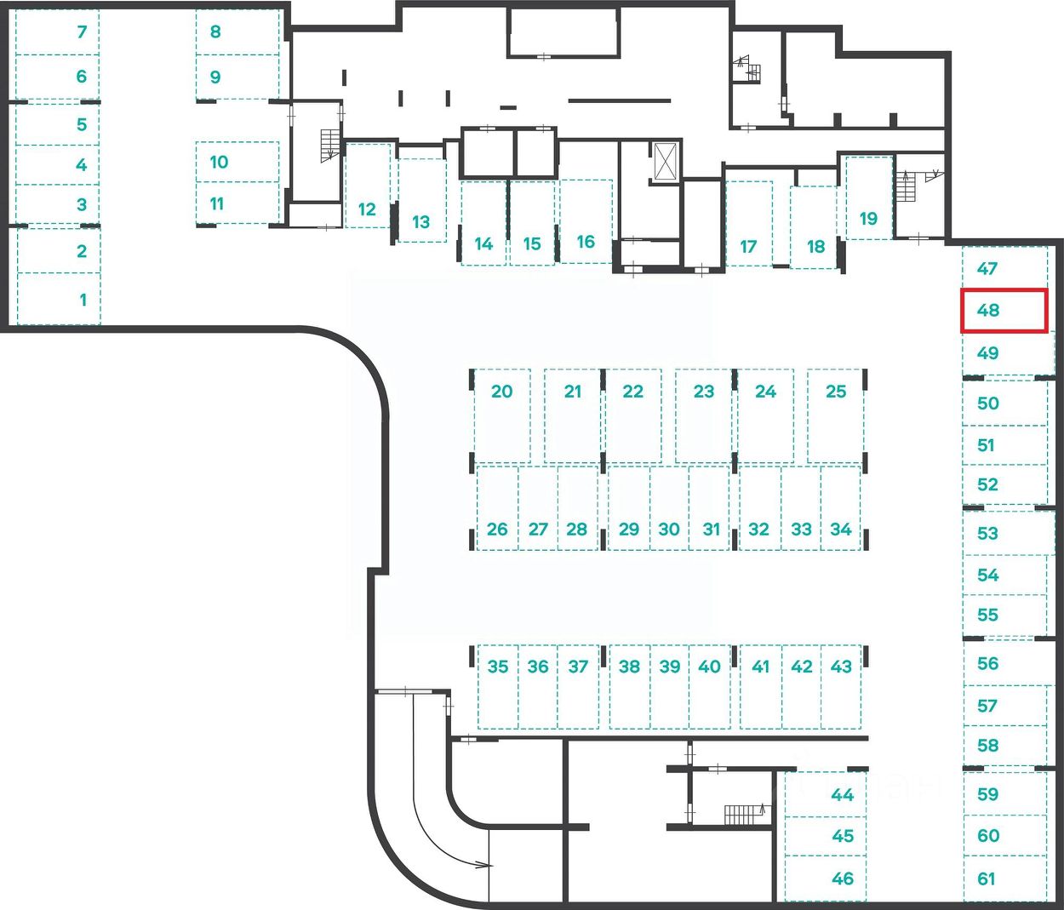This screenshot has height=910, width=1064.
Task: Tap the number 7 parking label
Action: click(82, 32)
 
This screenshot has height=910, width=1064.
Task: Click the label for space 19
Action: click(868, 219)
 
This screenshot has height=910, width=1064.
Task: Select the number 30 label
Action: click(669, 529)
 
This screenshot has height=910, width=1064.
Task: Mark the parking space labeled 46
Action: click(843, 879)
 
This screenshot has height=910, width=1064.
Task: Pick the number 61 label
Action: click(987, 879)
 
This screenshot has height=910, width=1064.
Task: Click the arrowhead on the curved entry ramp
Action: click(485, 865)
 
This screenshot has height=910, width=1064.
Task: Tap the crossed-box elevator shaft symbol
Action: click(665, 161)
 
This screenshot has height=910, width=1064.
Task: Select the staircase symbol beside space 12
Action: click(329, 146)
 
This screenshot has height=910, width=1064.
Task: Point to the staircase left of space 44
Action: click(745, 815)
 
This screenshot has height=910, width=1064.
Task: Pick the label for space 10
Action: click(219, 162)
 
